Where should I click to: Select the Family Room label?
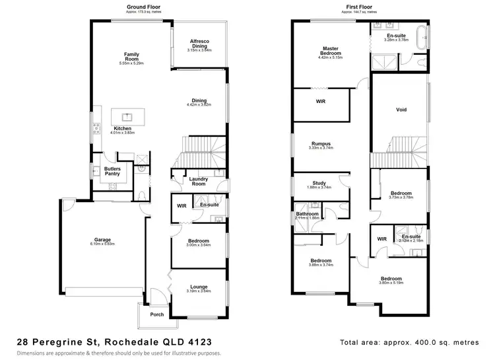(131, 56)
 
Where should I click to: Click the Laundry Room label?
(199, 180)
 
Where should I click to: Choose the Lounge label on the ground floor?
(198, 287)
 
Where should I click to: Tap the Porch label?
(157, 314)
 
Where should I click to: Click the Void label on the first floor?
(400, 110)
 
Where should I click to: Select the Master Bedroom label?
(331, 51)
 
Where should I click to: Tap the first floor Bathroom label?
(307, 214)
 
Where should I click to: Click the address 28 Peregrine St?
(57, 342)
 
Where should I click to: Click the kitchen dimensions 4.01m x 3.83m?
(123, 133)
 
